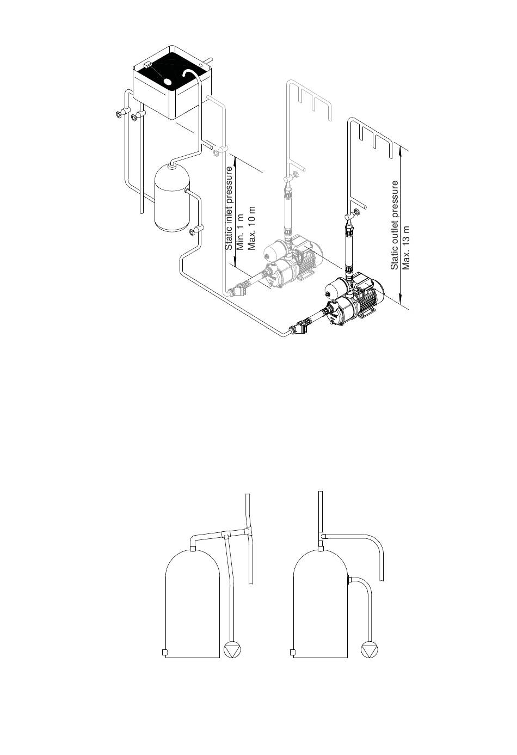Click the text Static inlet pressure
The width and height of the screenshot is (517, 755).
229,208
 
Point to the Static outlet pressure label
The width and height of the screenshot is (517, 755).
395,225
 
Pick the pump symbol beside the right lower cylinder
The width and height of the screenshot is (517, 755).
368,650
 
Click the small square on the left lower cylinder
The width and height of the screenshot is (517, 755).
164,652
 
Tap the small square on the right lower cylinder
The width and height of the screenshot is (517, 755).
293,652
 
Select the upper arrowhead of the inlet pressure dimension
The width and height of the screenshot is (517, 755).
235,158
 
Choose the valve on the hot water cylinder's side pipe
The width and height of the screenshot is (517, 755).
192,232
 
